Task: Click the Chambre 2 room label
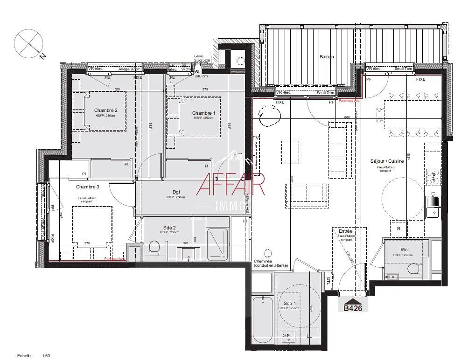106,111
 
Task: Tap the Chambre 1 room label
203,113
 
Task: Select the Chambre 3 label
87,187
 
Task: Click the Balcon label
327,57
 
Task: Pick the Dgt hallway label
176,192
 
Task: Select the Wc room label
404,249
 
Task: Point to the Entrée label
346,231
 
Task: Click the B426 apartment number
353,308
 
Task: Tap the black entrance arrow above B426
353,301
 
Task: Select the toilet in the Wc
413,270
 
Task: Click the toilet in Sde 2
155,249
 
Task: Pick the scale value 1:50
46,356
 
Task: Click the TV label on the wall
255,138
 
